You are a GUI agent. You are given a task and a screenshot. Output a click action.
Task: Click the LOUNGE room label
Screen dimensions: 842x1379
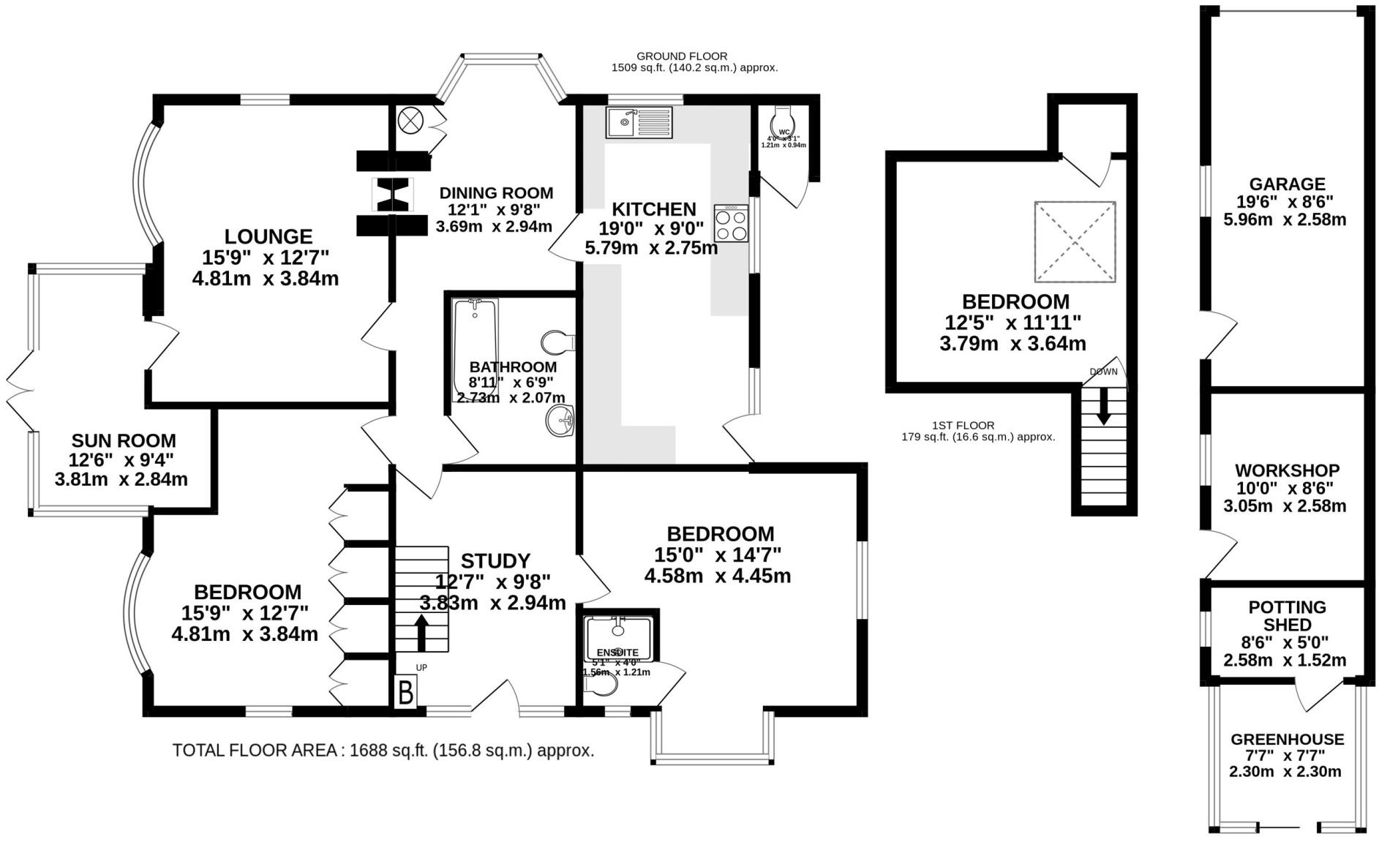coord(268,236)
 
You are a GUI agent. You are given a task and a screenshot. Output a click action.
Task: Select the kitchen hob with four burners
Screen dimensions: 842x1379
coord(732,224)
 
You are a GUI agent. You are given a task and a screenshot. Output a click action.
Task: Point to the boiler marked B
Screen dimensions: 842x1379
coord(405,691)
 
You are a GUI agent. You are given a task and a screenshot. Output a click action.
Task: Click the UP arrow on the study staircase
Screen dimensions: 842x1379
coord(421,633)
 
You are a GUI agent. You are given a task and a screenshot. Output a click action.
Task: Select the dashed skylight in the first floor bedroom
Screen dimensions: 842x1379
coord(1075,241)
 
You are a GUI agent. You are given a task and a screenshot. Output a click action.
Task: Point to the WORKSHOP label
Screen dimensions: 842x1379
coord(1287,470)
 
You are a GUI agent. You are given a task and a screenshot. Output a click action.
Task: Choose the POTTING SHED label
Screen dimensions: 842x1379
coord(1287,616)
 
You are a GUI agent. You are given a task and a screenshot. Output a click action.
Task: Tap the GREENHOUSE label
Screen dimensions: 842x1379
coord(1287,739)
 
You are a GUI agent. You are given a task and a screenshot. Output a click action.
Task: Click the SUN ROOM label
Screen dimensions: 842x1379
coord(123,441)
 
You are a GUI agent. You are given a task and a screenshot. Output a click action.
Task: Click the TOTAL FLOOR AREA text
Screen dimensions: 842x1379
coord(383,751)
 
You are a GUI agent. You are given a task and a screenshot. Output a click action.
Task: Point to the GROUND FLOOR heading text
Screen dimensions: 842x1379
coord(681,56)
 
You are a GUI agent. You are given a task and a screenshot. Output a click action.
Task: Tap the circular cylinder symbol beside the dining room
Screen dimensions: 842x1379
coord(411,119)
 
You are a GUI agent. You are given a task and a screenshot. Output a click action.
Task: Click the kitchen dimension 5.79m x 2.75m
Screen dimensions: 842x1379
coord(650,248)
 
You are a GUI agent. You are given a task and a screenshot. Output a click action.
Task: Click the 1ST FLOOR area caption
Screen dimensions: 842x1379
coord(963,425)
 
